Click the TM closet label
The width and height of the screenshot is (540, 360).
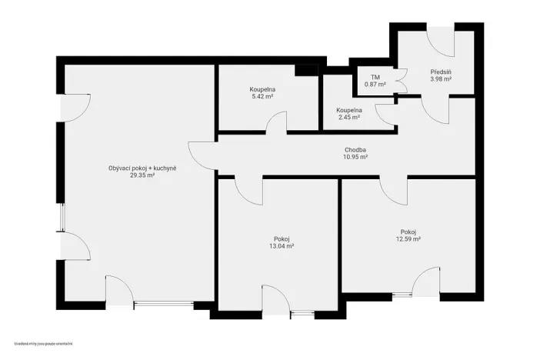(x=375, y=77)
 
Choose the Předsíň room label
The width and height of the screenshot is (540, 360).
(x=440, y=72)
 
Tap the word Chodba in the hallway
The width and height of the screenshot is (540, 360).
(x=355, y=150)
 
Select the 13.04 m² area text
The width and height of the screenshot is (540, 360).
(x=282, y=246)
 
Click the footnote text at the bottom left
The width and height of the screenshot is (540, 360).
(x=48, y=343)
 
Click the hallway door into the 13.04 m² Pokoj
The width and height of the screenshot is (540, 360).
(x=249, y=189)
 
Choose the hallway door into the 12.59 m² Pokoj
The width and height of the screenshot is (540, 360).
(x=392, y=189)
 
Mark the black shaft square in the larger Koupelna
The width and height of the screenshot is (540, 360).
(x=306, y=70)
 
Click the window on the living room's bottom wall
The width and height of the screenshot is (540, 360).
(x=163, y=305)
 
